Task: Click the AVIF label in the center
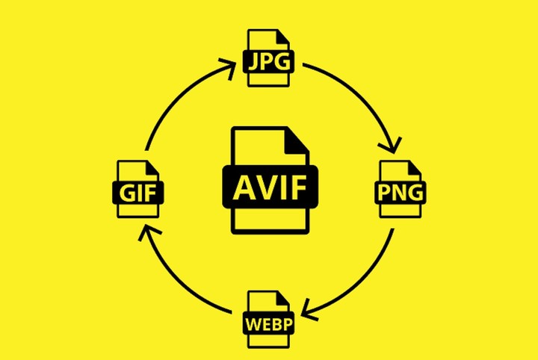coord(270,187)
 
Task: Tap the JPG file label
coord(269,62)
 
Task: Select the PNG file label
coord(400,193)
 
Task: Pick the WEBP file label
coord(269,323)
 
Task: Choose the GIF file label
coord(138,193)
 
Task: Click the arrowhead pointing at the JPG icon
coord(227,69)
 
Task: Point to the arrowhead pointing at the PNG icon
coord(391,145)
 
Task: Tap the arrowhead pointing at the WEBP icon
coord(310,310)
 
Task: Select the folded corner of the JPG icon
coord(283,37)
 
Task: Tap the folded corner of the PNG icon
coord(415,167)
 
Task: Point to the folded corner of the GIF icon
coord(152,167)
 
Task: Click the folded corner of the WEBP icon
coord(283,298)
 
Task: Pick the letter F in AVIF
coord(298,187)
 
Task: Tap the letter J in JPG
coord(253,63)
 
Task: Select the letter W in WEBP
coord(253,323)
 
